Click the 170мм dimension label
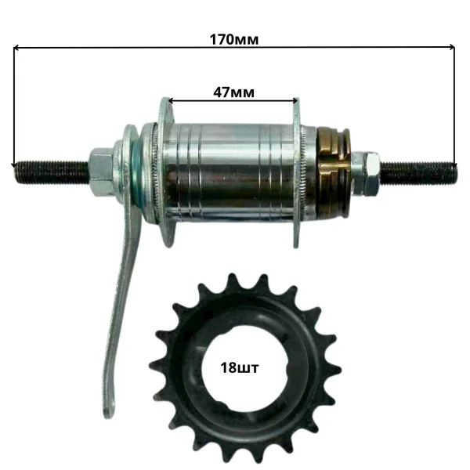click(233, 40)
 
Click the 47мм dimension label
click(233, 92)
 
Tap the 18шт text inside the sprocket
click(239, 368)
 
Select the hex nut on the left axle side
click(101, 172)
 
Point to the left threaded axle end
click(52, 172)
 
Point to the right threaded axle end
click(419, 173)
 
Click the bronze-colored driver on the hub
click(333, 173)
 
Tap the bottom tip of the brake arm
click(109, 415)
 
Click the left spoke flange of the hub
click(166, 172)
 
